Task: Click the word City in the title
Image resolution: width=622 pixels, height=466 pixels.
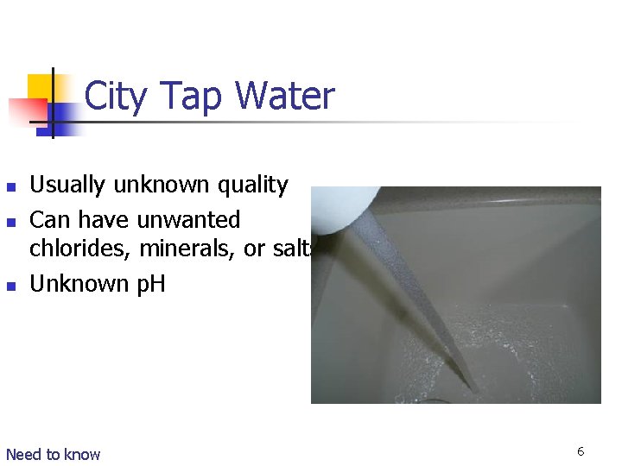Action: pos(117,96)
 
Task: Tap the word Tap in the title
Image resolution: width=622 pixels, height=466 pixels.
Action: pos(193,96)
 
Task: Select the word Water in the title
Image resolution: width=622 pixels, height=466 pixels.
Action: pos(284,96)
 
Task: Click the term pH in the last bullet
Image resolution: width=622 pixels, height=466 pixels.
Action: pos(149,283)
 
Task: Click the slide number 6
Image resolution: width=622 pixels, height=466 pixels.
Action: pos(581,451)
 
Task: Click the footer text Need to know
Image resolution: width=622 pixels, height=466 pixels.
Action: pos(53,454)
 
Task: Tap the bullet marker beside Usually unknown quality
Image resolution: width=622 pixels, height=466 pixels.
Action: pos(10,186)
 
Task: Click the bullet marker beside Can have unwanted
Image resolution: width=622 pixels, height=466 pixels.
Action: pos(10,221)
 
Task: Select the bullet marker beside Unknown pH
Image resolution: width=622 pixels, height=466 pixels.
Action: pos(10,286)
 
